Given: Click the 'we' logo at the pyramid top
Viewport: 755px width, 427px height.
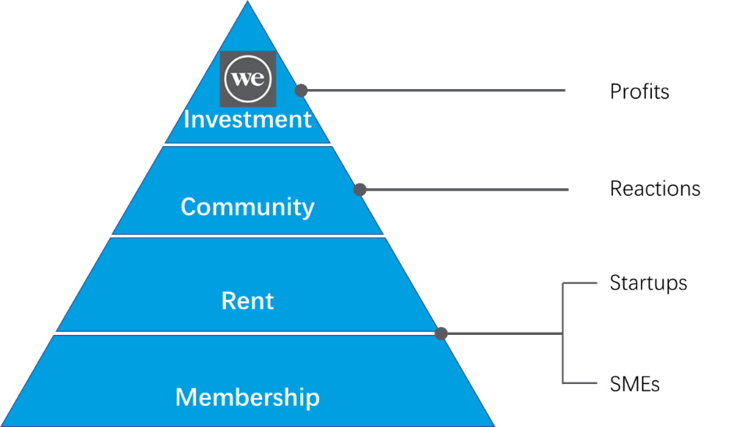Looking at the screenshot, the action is click(248, 79).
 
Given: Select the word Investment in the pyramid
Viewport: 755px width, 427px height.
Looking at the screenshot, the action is click(247, 119).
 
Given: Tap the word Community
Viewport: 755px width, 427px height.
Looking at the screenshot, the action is click(247, 207).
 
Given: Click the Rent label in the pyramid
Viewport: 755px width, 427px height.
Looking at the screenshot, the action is click(247, 301).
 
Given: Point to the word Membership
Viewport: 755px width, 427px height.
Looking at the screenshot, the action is click(247, 397).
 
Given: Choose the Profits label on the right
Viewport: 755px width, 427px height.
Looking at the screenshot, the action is click(640, 91).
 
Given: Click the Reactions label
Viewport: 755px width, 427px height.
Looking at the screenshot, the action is click(655, 188).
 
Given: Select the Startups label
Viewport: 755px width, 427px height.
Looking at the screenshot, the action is click(648, 283).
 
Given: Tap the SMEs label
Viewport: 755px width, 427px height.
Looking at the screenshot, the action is click(635, 384).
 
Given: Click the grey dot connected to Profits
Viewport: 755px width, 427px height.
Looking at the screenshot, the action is click(301, 90).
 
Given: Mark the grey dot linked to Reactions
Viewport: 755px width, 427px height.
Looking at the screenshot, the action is click(360, 190).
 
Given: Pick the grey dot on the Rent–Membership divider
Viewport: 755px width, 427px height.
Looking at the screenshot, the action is click(441, 333).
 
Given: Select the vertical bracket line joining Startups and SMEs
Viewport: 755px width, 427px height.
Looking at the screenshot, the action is click(563, 333).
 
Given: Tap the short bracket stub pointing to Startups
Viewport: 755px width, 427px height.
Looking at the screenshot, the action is click(580, 283).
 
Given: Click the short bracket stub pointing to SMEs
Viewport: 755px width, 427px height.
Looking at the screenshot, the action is click(580, 383).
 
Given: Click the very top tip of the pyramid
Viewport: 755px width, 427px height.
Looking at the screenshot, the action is click(247, 2).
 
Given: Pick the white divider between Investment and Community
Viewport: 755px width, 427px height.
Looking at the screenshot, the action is click(247, 144).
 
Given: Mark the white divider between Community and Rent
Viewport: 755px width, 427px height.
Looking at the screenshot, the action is click(247, 237).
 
